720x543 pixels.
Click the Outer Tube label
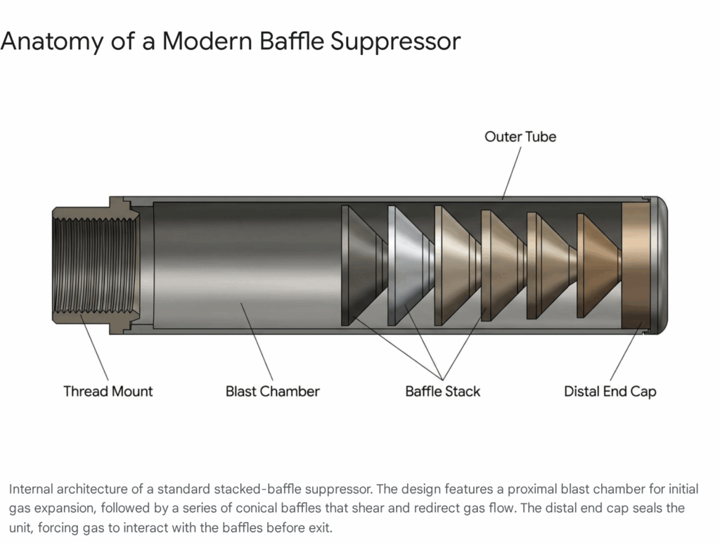[520, 136]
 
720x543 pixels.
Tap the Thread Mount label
[108, 391]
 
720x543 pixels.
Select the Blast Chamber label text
[272, 391]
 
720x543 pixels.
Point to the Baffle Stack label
[443, 391]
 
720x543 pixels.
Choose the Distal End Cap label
[610, 391]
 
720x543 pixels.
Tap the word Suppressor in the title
[395, 41]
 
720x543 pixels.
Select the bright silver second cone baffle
[411, 265]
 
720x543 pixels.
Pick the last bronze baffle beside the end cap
[599, 265]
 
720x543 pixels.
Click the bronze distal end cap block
[636, 265]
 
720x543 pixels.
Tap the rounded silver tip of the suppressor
[660, 265]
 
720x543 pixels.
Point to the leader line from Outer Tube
[512, 173]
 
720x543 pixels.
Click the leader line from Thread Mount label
[94, 347]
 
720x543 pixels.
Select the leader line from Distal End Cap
[626, 351]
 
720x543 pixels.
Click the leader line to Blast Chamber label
[257, 342]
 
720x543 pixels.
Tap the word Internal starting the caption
[30, 489]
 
